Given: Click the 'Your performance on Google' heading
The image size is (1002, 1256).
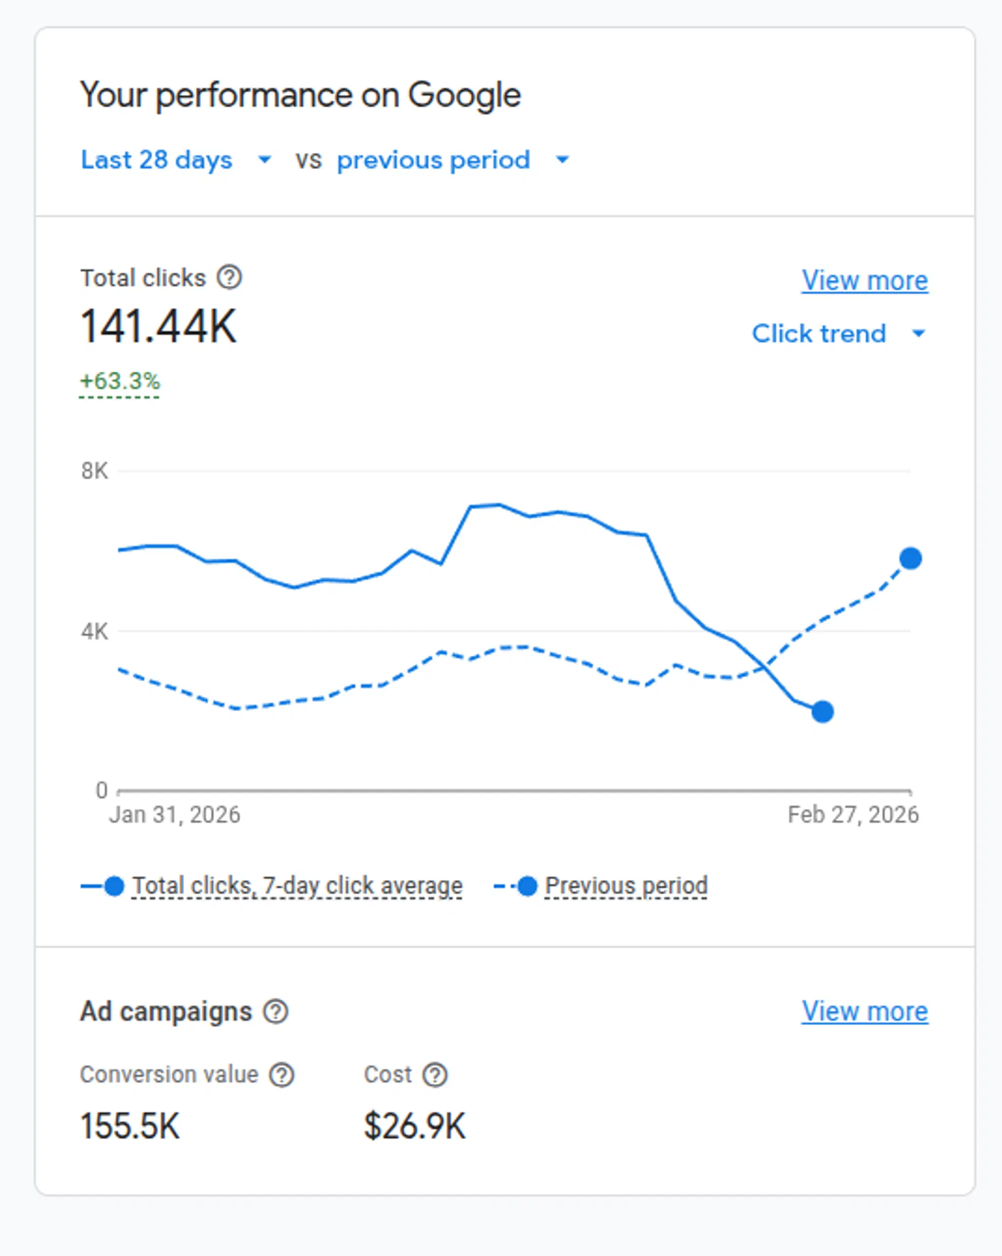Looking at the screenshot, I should click(x=300, y=95).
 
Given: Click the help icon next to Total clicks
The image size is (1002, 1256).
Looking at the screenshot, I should click(x=229, y=277).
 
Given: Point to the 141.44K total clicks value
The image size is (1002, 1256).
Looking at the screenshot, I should click(x=159, y=327).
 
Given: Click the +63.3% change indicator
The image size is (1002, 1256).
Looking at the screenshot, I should click(x=119, y=381).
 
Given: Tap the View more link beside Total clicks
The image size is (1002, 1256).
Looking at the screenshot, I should click(x=864, y=281).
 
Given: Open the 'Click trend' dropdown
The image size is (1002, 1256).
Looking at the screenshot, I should click(x=838, y=334).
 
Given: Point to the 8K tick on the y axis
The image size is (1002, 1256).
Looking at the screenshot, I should click(x=94, y=471).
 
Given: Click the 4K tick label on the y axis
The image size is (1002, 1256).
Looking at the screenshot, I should click(x=94, y=631).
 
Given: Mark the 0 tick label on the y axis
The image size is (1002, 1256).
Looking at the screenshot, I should click(x=101, y=790).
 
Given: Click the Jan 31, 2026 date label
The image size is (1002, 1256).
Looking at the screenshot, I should click(x=174, y=814).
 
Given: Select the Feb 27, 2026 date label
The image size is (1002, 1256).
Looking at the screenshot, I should click(x=853, y=814).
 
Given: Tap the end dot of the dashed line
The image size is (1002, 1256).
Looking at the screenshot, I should click(x=911, y=559).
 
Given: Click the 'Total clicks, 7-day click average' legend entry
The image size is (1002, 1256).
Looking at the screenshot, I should click(x=297, y=886).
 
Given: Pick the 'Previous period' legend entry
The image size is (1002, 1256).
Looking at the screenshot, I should click(x=626, y=886).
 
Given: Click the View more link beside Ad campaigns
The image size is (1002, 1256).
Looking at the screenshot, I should click(x=864, y=1011).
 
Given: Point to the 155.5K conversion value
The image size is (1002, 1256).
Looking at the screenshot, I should click(x=130, y=1125).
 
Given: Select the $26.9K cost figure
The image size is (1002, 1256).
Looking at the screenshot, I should click(x=414, y=1125).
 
